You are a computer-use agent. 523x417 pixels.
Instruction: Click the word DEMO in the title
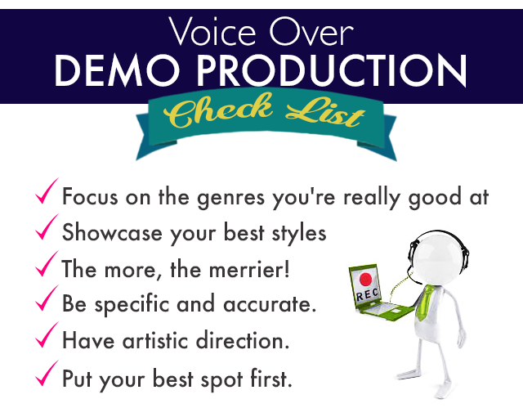coord(117,70)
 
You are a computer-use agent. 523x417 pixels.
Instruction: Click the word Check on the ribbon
coord(218,110)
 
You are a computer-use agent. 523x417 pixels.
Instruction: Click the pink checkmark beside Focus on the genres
coord(47,191)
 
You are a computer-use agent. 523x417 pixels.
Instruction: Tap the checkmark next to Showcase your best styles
coord(47,226)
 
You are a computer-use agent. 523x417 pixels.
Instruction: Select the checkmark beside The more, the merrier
coord(47,263)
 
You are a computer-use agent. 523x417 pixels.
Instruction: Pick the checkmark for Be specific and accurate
coord(47,298)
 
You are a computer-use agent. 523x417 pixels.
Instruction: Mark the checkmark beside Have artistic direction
coord(47,334)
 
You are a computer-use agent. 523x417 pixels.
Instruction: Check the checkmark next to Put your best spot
coord(47,373)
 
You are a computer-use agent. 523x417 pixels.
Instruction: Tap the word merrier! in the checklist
coord(249,269)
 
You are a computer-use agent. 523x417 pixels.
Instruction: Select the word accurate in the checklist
coord(270,305)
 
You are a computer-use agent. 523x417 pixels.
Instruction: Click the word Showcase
coord(112,232)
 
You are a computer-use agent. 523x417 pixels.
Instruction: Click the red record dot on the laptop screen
coord(365,279)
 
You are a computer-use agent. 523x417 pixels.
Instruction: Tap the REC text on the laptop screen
coord(368,294)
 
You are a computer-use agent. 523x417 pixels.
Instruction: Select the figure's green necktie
coord(424,303)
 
